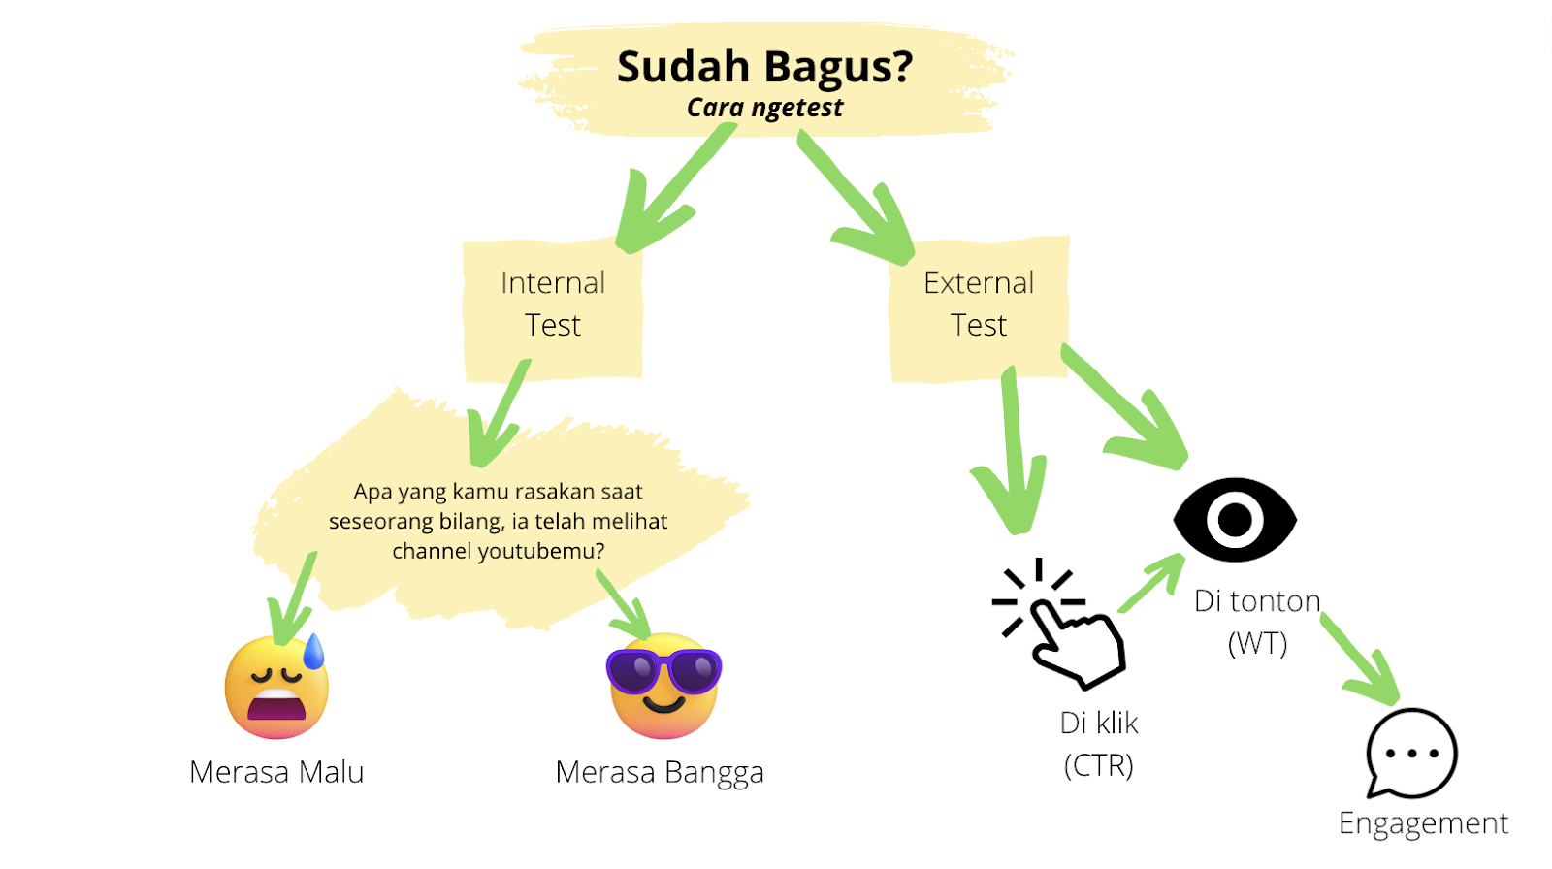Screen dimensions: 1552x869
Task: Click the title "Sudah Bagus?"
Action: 765,67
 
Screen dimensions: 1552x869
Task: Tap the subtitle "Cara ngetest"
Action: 765,108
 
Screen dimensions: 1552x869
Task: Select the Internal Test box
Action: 552,308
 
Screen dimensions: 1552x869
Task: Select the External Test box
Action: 979,308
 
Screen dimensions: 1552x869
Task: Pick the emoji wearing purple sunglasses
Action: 663,686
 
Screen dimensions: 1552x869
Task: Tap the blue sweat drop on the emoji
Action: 314,651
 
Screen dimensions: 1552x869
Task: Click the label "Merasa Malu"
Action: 276,772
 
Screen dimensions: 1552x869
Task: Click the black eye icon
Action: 1235,519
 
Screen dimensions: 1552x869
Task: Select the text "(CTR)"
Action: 1099,766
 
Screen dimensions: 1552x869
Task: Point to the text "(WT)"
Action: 1257,644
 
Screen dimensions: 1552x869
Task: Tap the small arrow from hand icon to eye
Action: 1150,584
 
